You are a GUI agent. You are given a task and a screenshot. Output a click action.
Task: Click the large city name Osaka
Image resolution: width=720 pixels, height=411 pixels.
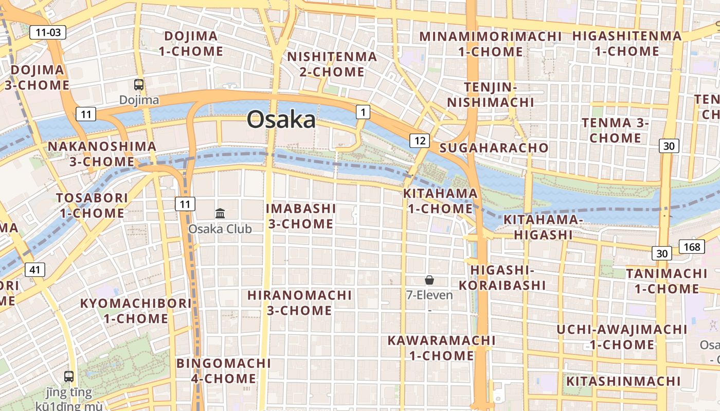click(x=281, y=120)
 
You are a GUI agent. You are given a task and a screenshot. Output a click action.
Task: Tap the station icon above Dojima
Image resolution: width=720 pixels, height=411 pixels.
click(x=139, y=85)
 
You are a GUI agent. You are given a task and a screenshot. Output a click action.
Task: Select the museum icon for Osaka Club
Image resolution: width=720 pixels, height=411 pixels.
click(x=220, y=213)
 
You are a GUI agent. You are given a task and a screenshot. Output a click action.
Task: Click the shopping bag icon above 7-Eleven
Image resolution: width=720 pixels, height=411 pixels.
click(x=429, y=280)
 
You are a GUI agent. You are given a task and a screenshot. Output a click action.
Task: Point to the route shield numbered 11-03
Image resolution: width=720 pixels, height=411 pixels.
click(x=48, y=32)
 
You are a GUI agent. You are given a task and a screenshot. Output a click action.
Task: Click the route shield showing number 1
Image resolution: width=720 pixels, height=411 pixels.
click(x=363, y=111)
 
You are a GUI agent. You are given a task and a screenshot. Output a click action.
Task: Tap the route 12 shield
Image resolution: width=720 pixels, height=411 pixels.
click(x=420, y=140)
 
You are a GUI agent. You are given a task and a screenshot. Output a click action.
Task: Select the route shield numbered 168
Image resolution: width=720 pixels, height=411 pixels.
click(x=692, y=247)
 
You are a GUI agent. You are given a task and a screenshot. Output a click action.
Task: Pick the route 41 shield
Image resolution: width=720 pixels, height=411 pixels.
click(x=34, y=269)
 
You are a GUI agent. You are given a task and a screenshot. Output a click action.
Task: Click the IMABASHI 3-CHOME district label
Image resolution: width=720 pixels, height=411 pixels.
click(x=301, y=216)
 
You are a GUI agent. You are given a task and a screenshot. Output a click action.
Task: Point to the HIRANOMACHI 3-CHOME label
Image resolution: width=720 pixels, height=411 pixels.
click(x=300, y=303)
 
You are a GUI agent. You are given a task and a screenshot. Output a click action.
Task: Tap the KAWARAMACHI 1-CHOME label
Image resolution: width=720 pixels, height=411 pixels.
click(x=441, y=348)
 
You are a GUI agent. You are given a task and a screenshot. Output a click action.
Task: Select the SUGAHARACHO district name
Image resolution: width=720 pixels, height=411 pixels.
click(x=494, y=148)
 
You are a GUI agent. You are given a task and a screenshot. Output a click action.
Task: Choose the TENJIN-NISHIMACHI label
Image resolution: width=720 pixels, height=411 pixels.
click(x=490, y=95)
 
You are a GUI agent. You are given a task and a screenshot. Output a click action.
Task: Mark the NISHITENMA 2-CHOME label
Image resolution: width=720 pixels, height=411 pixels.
click(x=332, y=64)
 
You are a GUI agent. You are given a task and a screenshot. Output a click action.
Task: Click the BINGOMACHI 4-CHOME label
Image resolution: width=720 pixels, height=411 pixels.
click(x=223, y=371)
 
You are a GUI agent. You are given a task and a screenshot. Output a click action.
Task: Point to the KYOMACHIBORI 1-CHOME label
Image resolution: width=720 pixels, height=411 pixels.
click(x=136, y=311)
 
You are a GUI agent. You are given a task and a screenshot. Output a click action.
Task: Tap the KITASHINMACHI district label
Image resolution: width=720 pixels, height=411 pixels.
click(x=623, y=381)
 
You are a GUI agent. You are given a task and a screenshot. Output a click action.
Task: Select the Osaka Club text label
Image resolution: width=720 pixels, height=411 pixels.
click(x=220, y=229)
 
